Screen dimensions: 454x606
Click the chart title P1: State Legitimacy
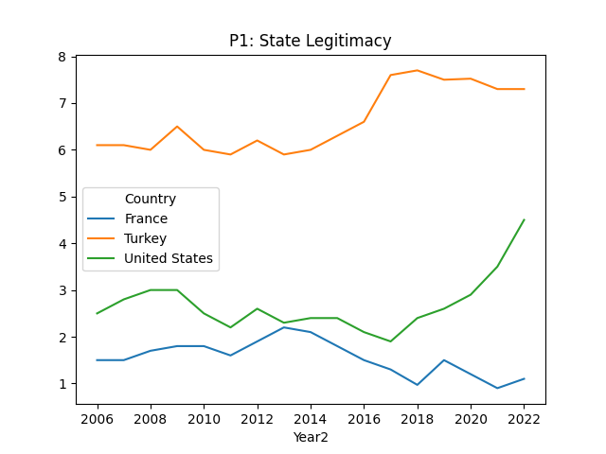click(310, 41)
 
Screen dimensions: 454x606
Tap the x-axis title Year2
click(310, 437)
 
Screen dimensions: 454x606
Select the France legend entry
click(146, 218)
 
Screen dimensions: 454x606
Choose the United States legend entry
click(169, 258)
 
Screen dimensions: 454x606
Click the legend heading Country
click(151, 199)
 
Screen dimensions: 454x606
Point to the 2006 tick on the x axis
click(98, 418)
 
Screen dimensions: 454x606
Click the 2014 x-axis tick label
click(311, 418)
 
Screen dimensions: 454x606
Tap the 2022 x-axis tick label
click(524, 418)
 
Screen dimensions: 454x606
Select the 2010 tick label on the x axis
click(204, 418)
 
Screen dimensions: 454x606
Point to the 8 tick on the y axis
click(62, 57)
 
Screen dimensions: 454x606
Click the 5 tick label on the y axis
click(62, 197)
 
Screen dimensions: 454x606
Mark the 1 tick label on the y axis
click(62, 384)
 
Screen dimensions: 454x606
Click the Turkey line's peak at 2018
click(418, 70)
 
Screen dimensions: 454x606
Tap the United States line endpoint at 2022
click(524, 220)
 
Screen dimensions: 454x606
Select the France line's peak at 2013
click(284, 327)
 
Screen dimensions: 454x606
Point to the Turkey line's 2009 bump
click(177, 127)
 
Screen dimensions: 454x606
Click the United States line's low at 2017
click(391, 341)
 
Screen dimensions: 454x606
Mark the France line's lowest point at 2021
click(497, 388)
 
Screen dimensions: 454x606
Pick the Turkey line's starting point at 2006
click(98, 145)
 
